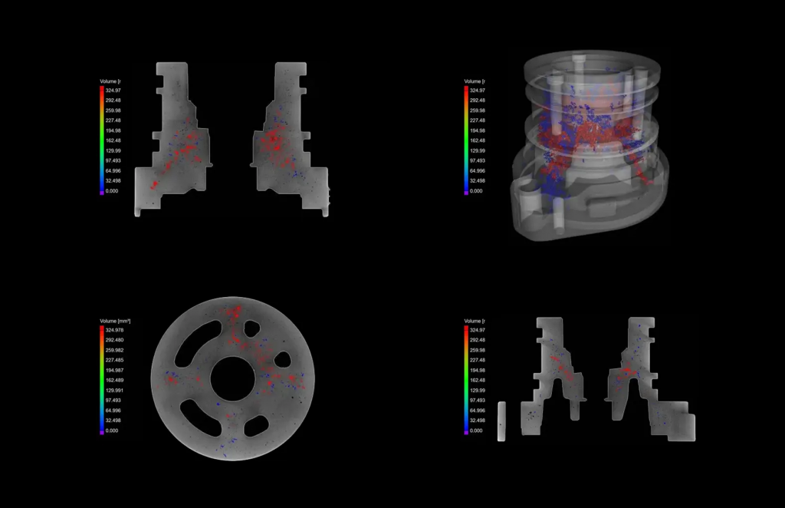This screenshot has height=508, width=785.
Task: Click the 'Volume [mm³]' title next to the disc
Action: tap(115, 320)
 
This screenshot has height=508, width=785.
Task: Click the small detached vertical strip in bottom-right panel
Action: tap(501, 421)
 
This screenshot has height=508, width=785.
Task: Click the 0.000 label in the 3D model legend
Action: tap(476, 191)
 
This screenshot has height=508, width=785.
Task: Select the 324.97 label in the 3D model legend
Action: tap(477, 90)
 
